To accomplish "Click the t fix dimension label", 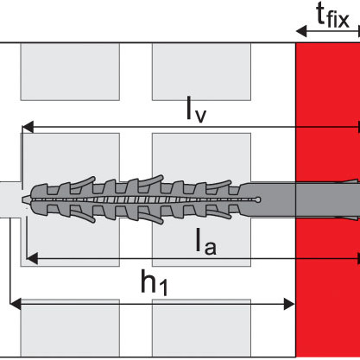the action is click(332, 16).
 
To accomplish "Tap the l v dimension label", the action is click(197, 110).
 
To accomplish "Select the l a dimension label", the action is click(205, 241).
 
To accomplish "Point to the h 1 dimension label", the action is click(154, 282).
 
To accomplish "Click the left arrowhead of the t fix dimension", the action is click(301, 31).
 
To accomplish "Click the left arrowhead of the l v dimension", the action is click(28, 127).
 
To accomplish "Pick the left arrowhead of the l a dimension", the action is click(32, 258).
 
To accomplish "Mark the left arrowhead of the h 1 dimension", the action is click(16, 304).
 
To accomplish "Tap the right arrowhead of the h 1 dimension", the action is click(289, 304).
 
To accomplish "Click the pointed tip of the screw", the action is click(23, 199).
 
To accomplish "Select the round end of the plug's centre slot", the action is click(258, 199).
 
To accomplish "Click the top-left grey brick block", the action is click(70, 72).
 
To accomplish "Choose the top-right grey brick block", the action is click(201, 72).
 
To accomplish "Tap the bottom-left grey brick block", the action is click(70, 328).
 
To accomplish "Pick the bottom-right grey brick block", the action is click(201, 328).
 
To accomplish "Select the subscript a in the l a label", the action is click(211, 248).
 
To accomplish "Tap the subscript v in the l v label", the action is click(200, 117).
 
